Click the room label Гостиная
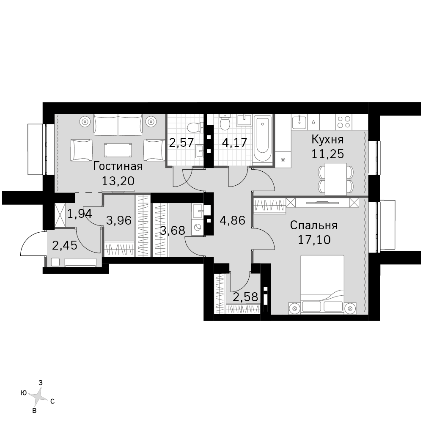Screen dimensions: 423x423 coord(118,166)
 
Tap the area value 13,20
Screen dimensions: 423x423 coord(118,181)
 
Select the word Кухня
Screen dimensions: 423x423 coord(327,140)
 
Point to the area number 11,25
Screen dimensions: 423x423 coord(327,154)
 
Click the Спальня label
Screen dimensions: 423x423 coord(314,225)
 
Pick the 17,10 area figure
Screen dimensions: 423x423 coord(314,239)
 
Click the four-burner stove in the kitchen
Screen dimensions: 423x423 coord(344,122)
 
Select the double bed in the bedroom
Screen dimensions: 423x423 coord(322,285)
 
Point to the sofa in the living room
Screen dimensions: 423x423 coord(118,125)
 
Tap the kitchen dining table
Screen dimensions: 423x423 coord(335,179)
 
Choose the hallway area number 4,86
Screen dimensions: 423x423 coord(233,221)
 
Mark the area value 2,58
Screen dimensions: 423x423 coord(245,297)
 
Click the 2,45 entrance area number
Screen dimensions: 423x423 coord(64,245)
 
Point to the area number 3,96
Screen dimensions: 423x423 coord(119,221)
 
